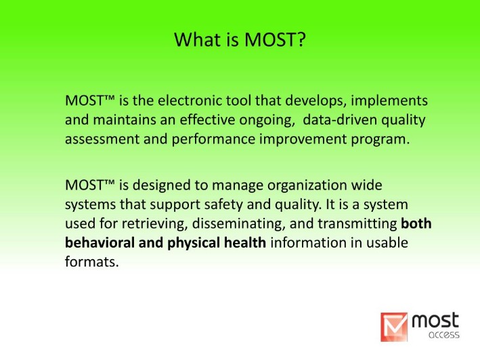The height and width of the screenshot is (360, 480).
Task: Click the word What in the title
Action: tap(198, 39)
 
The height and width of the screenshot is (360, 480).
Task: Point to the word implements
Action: tap(389, 102)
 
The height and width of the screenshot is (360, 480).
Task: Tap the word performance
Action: tap(213, 140)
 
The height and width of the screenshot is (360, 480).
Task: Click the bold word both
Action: tap(416, 223)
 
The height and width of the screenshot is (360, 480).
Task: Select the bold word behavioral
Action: tap(100, 243)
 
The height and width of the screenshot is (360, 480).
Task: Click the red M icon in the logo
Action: tap(394, 327)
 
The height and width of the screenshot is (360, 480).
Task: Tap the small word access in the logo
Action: tap(444, 334)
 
